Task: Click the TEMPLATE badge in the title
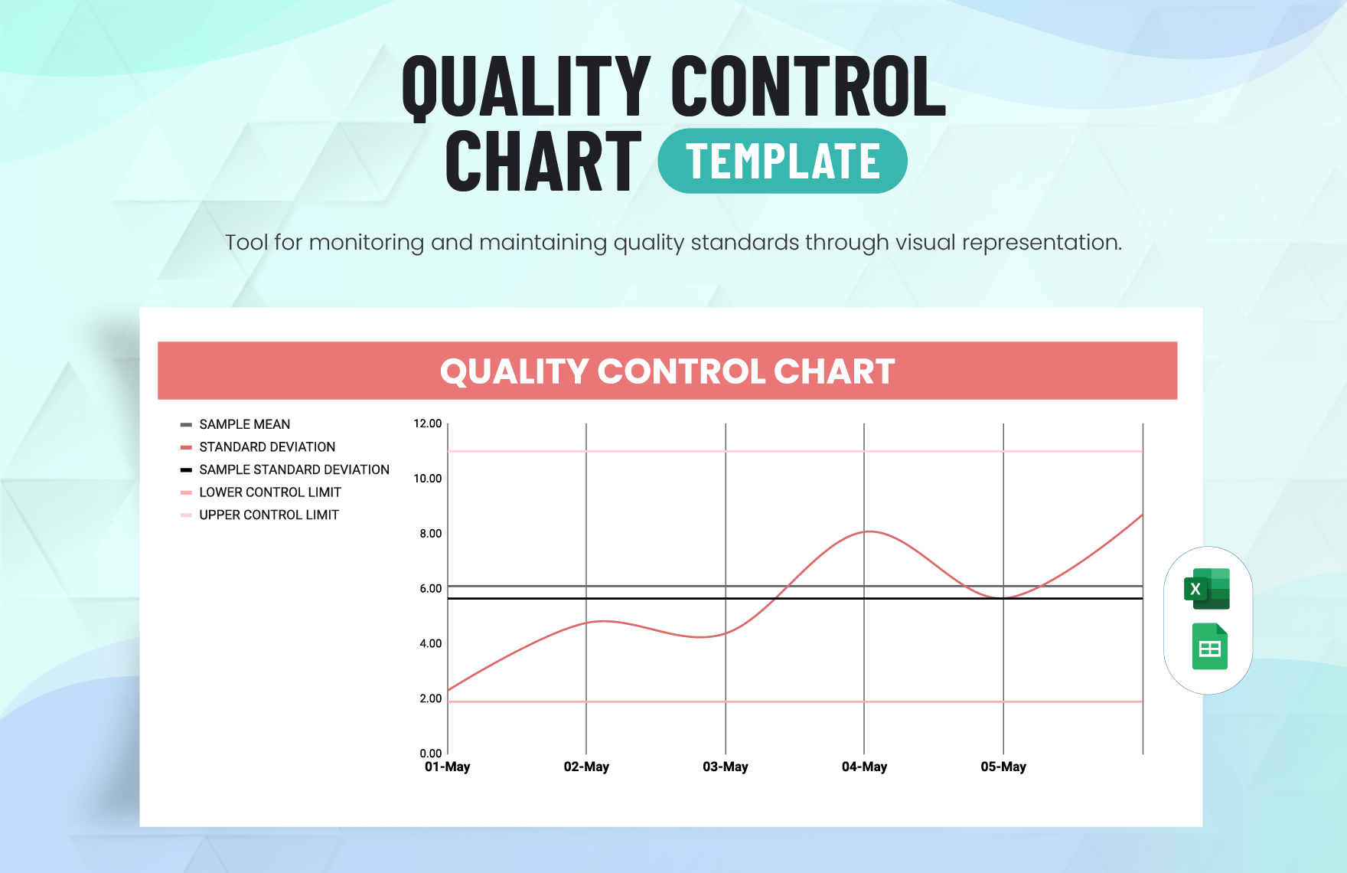pyautogui.click(x=782, y=162)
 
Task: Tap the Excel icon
pyautogui.click(x=1207, y=589)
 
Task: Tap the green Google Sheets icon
pyautogui.click(x=1209, y=647)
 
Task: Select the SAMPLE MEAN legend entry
pyautogui.click(x=244, y=424)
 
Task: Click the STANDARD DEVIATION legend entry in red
pyautogui.click(x=266, y=447)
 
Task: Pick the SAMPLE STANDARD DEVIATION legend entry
pyautogui.click(x=294, y=469)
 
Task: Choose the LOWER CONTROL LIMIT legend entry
pyautogui.click(x=269, y=492)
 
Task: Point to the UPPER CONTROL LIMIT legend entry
pyautogui.click(x=269, y=515)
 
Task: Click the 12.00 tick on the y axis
pyautogui.click(x=427, y=423)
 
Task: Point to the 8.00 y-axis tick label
pyautogui.click(x=430, y=534)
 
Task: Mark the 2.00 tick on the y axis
pyautogui.click(x=430, y=698)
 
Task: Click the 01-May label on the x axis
pyautogui.click(x=448, y=767)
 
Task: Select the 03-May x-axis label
pyautogui.click(x=725, y=767)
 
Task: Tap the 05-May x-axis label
pyautogui.click(x=1003, y=767)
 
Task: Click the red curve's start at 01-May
pyautogui.click(x=448, y=690)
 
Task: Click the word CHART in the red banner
pyautogui.click(x=833, y=371)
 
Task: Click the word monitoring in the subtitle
pyautogui.click(x=366, y=243)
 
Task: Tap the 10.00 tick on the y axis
pyautogui.click(x=427, y=479)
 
